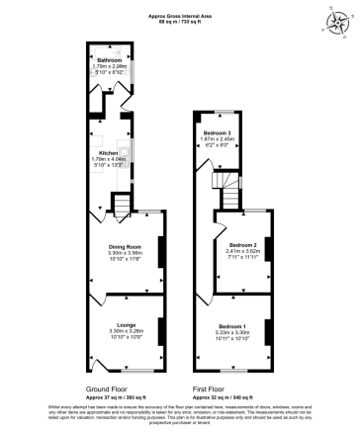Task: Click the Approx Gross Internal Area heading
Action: (x=179, y=16)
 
